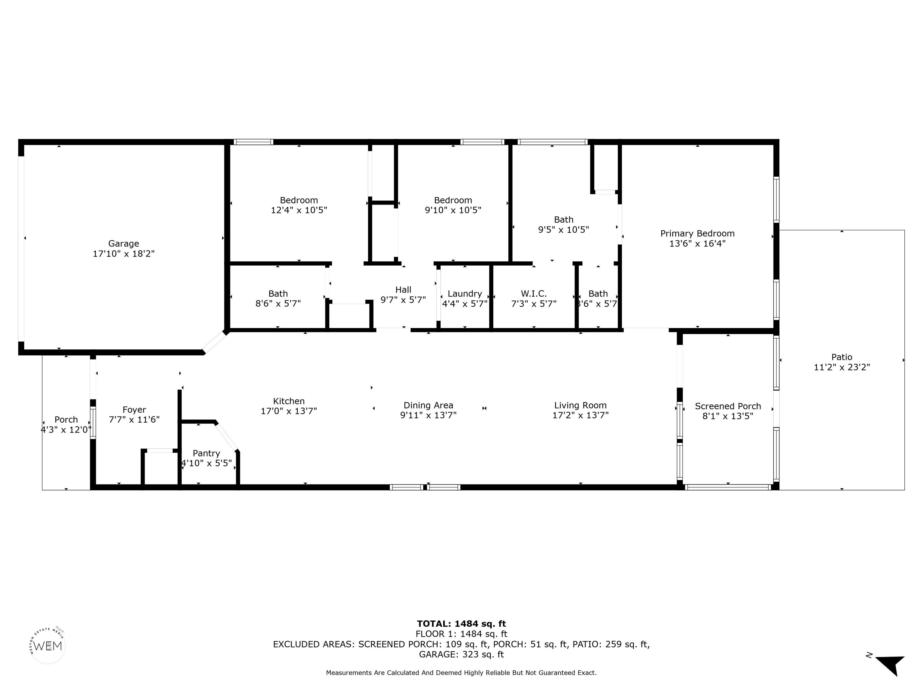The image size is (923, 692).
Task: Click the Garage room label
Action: pyautogui.click(x=123, y=244)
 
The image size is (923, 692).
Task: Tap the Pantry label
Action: pyautogui.click(x=206, y=454)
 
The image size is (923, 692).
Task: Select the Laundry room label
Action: pyautogui.click(x=465, y=294)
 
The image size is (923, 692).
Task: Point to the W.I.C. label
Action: pyautogui.click(x=534, y=294)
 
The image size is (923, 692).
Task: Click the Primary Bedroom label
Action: pyautogui.click(x=697, y=234)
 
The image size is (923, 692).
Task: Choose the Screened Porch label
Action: pyautogui.click(x=728, y=406)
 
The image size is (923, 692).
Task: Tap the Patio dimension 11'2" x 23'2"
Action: pyautogui.click(x=842, y=367)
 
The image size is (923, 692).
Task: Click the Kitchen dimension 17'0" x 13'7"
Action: pyautogui.click(x=289, y=411)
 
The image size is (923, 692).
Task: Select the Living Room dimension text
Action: pyautogui.click(x=580, y=415)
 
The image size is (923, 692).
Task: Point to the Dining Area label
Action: pyautogui.click(x=428, y=405)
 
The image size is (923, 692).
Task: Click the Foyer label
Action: pyautogui.click(x=134, y=410)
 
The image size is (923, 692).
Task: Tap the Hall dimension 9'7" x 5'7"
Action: pyautogui.click(x=403, y=299)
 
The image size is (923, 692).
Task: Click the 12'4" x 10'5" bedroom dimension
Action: pyautogui.click(x=299, y=210)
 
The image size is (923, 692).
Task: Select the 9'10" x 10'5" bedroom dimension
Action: pyautogui.click(x=453, y=210)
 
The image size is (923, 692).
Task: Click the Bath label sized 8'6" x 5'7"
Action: pyautogui.click(x=278, y=294)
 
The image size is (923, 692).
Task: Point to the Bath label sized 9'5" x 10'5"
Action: pyautogui.click(x=563, y=220)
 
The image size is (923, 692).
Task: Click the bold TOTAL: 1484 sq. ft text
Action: pyautogui.click(x=461, y=624)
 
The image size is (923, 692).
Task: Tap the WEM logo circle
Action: pyautogui.click(x=48, y=646)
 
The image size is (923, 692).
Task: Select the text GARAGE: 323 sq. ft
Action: pyautogui.click(x=461, y=654)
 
